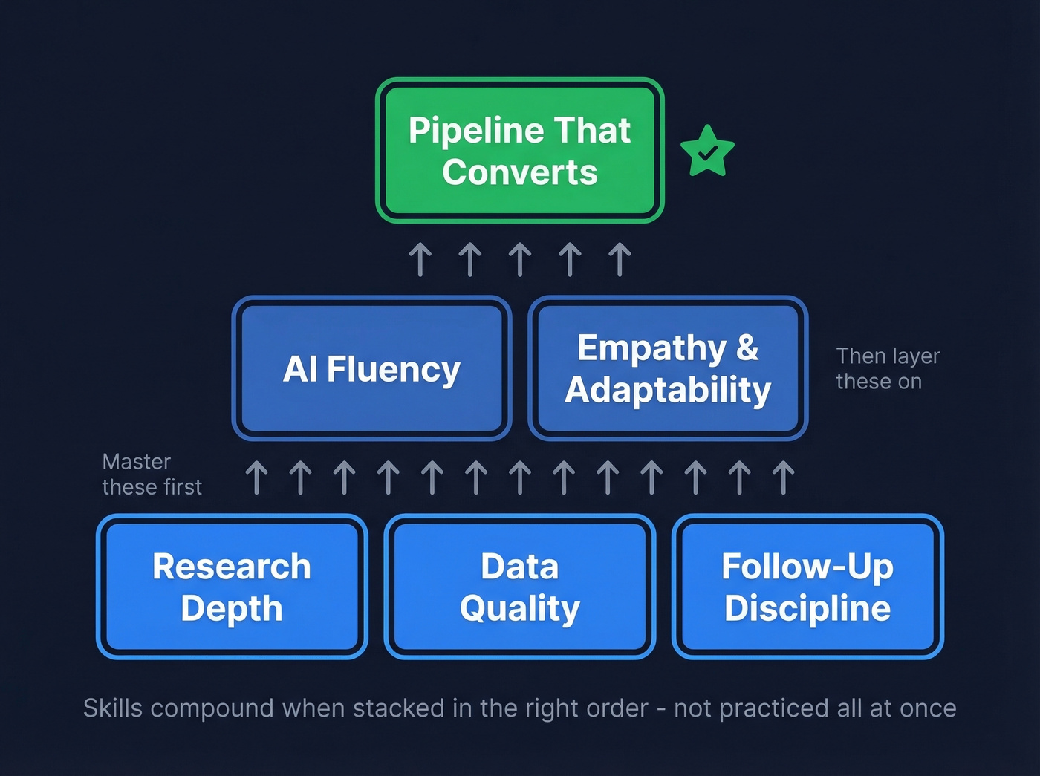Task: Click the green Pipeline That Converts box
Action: tap(519, 151)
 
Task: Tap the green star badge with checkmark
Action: tap(707, 151)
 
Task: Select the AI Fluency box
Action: tap(371, 369)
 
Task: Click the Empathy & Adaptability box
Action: tap(667, 369)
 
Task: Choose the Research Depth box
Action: tap(232, 587)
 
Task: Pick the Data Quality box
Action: tap(519, 587)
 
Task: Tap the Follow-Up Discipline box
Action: tap(807, 587)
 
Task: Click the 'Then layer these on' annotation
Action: tap(887, 368)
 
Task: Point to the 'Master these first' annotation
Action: tap(152, 474)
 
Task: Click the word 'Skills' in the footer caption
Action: tap(112, 708)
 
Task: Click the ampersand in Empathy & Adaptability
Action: tap(747, 348)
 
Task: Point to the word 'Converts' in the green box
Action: tap(519, 172)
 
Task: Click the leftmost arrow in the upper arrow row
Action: tap(420, 260)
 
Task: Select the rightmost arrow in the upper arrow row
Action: tap(620, 260)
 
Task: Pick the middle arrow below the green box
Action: tap(520, 260)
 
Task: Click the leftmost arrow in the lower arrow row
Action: tap(256, 477)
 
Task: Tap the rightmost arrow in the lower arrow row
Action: tap(783, 477)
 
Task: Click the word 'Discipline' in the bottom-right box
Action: tap(807, 608)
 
